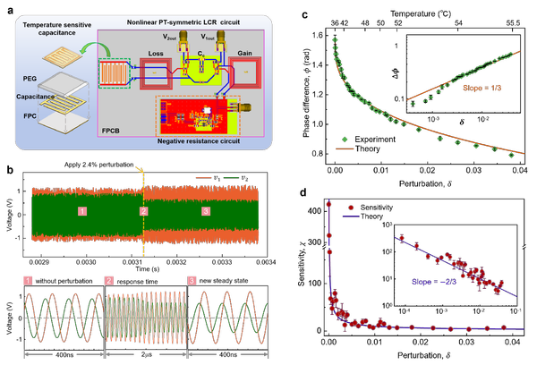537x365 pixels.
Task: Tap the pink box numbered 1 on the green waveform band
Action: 81,212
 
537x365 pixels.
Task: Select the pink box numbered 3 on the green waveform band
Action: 206,212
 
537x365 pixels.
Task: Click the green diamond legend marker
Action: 344,139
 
